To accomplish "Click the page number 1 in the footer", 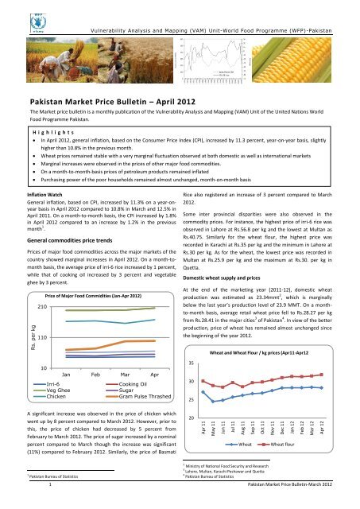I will (50, 504).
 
